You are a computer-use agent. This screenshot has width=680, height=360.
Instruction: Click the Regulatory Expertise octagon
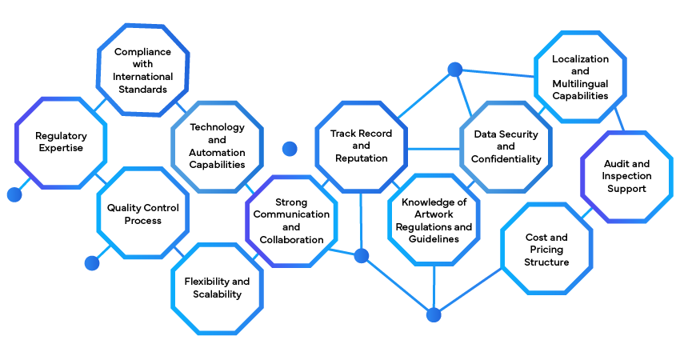[x=59, y=142]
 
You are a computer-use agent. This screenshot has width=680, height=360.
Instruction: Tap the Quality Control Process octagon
[x=143, y=214]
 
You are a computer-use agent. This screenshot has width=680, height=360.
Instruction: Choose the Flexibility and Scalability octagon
[x=217, y=287]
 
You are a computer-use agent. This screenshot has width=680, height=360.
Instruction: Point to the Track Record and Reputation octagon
[x=362, y=146]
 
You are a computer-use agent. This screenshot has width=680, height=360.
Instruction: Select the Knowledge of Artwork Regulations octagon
[x=434, y=220]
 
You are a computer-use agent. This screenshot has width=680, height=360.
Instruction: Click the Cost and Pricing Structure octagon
[x=547, y=249]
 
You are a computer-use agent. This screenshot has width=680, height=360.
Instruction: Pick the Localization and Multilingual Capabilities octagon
[x=580, y=77]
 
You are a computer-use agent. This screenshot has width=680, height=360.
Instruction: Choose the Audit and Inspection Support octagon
[x=627, y=176]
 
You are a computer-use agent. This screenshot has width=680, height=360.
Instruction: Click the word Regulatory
[x=61, y=136]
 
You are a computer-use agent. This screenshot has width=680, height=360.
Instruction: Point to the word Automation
[x=217, y=152]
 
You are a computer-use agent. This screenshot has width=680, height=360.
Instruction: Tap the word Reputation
[x=362, y=158]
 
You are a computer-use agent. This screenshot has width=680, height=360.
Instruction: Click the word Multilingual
[x=580, y=83]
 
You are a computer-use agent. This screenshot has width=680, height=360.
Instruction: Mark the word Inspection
[x=627, y=176]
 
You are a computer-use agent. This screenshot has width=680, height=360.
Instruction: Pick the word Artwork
[x=434, y=214]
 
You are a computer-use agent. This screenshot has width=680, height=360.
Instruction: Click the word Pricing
[x=547, y=250]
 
